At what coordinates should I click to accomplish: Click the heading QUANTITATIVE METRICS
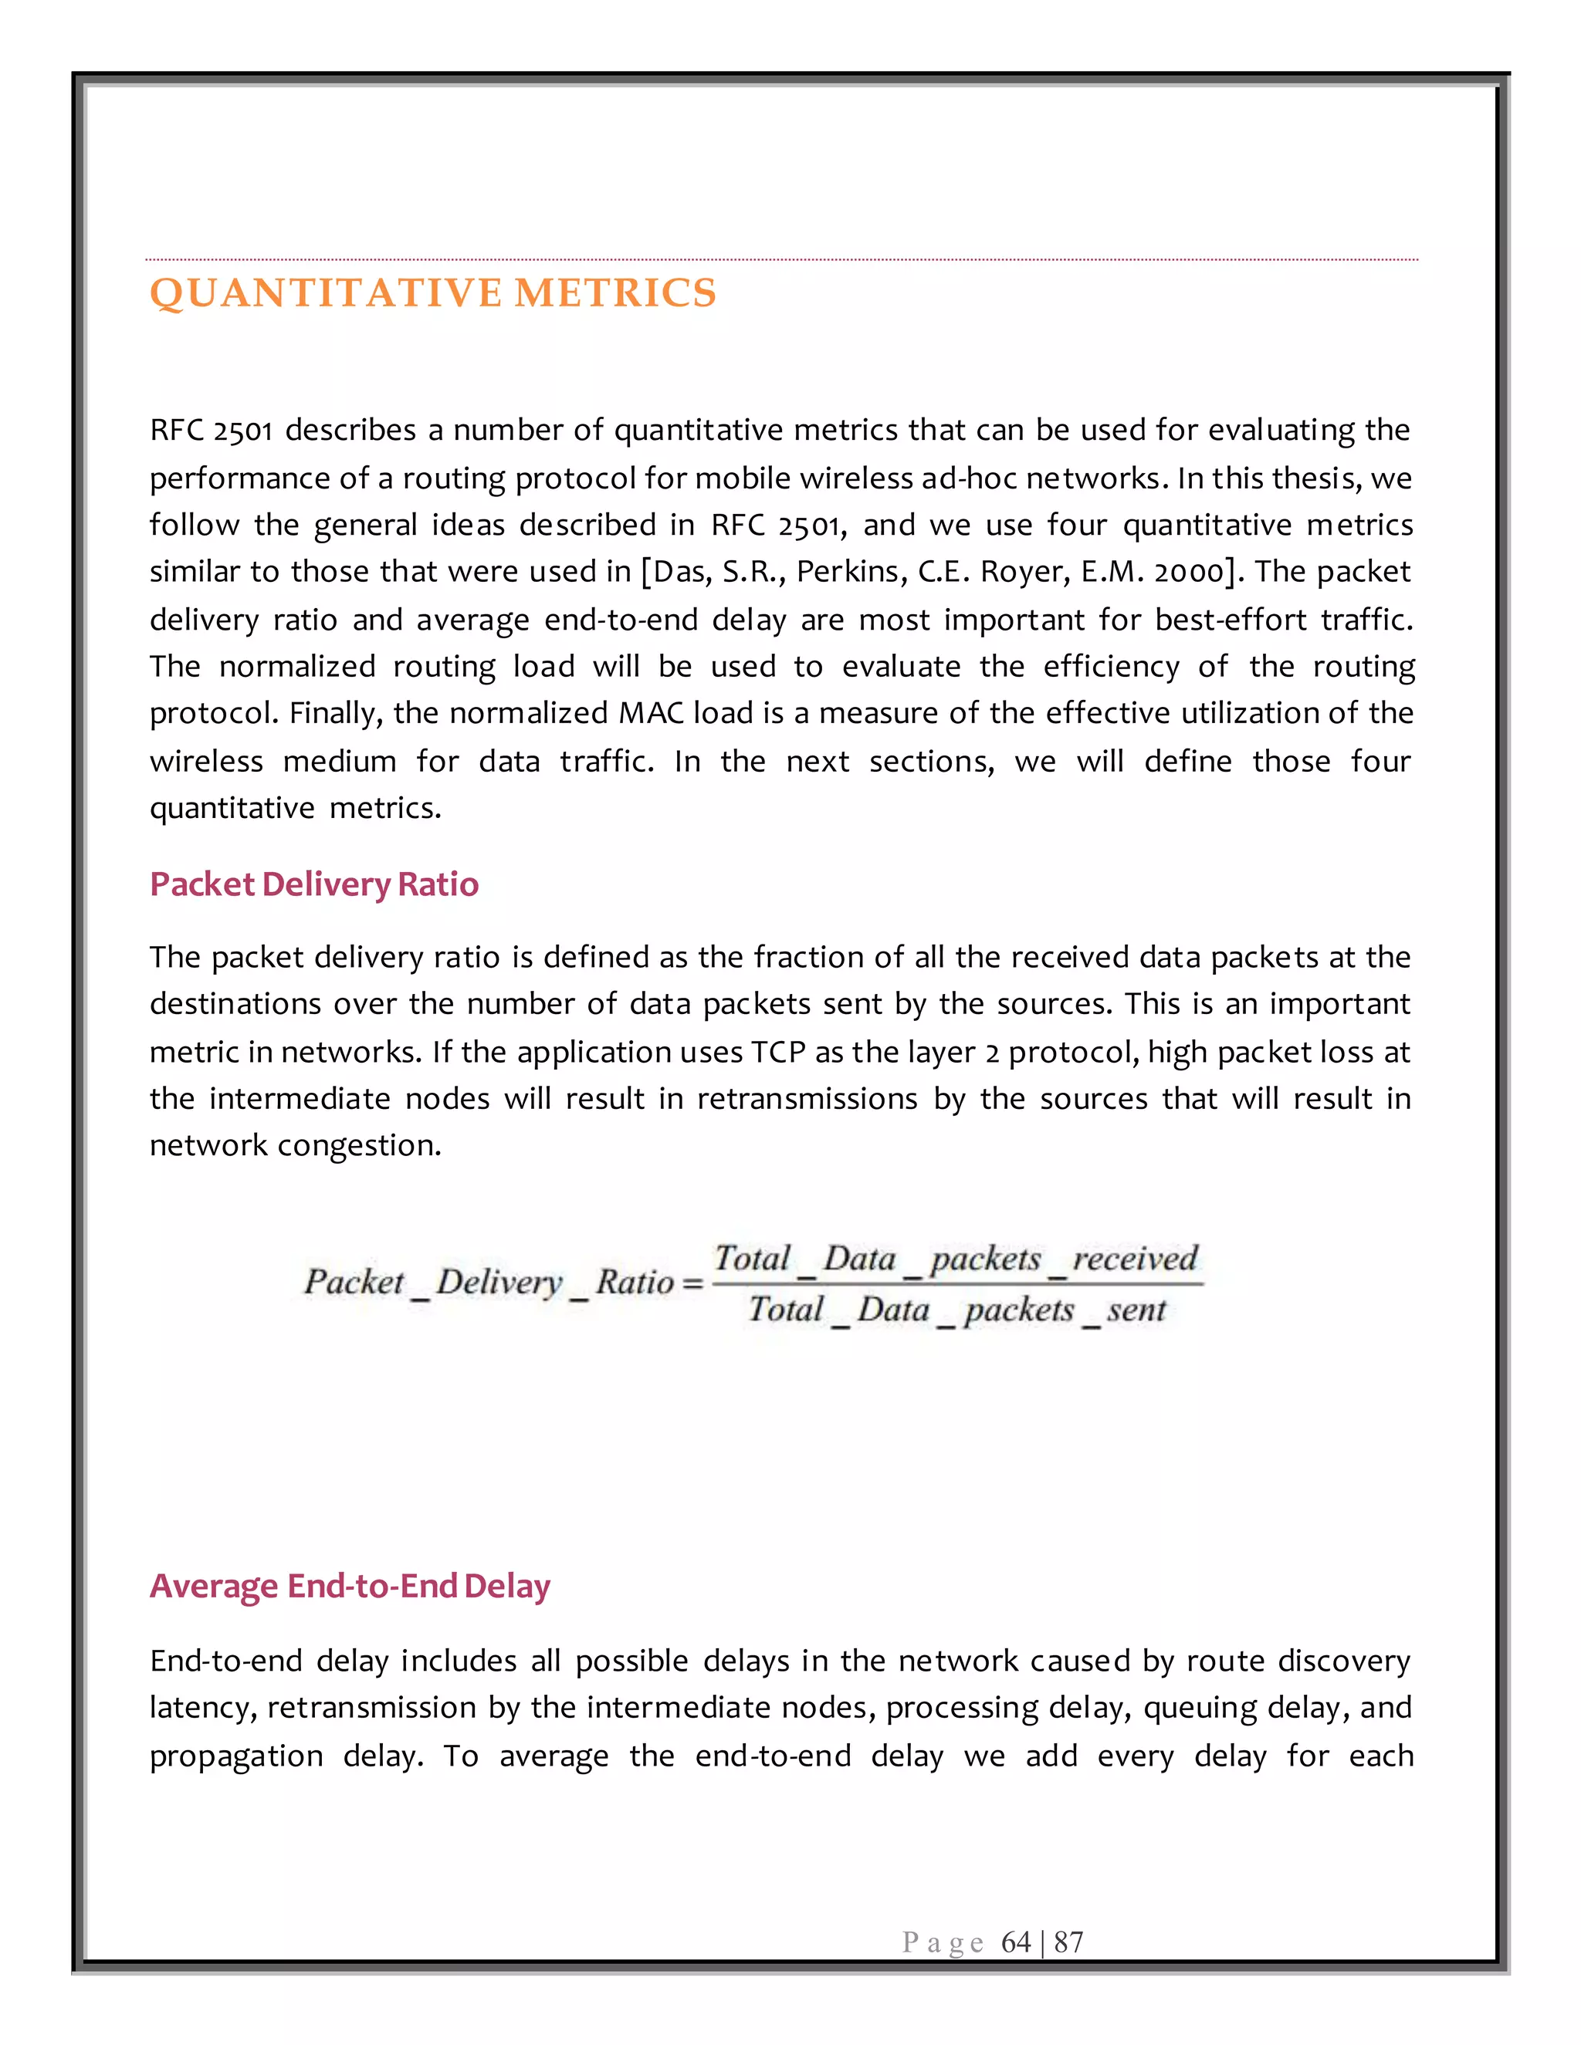433,293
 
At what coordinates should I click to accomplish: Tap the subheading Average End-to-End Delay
350,1585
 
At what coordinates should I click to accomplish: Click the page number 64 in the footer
1015,1942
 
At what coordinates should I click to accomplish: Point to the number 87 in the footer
1068,1942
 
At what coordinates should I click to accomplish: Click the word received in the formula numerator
1134,1258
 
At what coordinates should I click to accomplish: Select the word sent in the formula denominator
1136,1309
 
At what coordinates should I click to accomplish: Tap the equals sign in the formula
693,1283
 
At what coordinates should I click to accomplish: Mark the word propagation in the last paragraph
236,1756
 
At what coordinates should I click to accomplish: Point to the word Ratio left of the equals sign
634,1282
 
